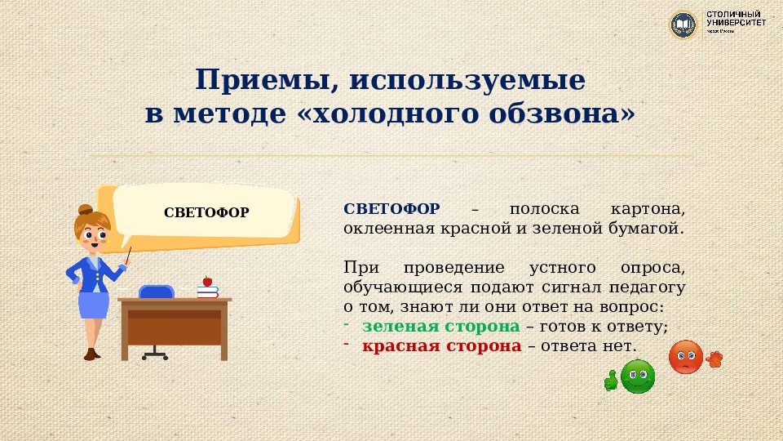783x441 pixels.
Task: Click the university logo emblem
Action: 683,24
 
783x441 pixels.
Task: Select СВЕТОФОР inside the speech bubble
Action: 206,213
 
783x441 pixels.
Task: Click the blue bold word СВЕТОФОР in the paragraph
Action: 391,208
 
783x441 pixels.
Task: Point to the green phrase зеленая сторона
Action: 440,326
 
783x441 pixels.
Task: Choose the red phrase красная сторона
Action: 441,345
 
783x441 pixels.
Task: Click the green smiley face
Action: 638,376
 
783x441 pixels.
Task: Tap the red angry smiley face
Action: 685,357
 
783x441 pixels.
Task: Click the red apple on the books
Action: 207,281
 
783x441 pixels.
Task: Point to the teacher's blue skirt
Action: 94,305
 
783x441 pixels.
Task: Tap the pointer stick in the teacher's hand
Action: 128,255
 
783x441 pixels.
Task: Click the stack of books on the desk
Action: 208,291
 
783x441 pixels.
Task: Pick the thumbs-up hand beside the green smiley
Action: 610,380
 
